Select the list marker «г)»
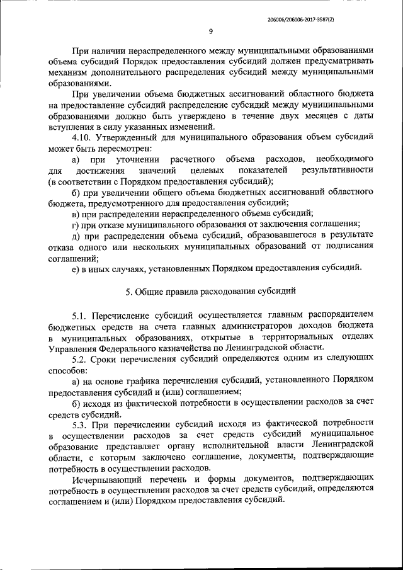(x=75, y=225)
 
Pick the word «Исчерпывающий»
(x=104, y=479)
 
